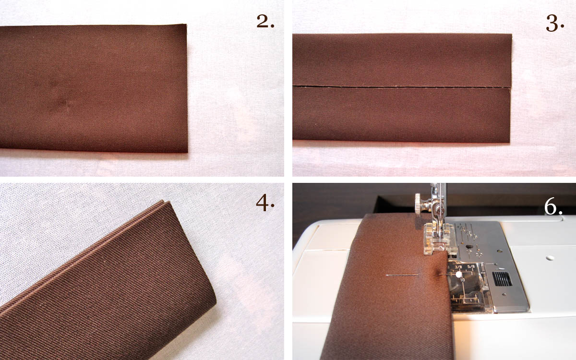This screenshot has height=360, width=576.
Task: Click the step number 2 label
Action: click(x=265, y=22)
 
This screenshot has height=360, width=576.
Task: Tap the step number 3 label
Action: click(x=554, y=23)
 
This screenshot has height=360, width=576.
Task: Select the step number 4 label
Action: click(x=265, y=204)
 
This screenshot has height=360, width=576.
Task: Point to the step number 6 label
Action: click(x=553, y=206)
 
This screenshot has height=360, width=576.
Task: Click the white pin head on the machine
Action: click(x=459, y=274)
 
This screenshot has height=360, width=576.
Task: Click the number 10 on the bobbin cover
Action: click(x=459, y=280)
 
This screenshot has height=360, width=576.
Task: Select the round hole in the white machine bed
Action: click(x=548, y=257)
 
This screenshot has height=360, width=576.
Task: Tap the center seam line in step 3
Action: click(x=401, y=87)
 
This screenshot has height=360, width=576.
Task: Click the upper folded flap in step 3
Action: click(x=401, y=60)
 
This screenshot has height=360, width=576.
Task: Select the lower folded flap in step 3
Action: click(x=401, y=115)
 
